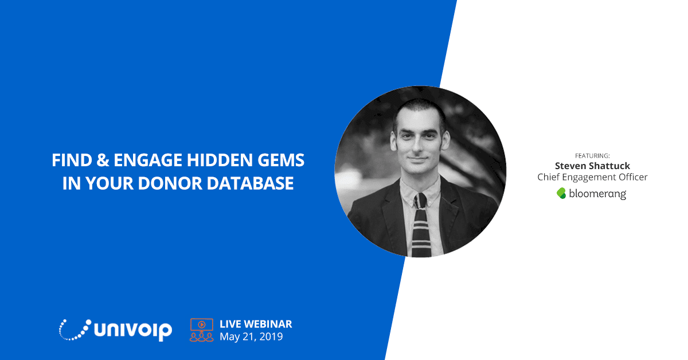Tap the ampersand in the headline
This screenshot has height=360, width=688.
[103, 160]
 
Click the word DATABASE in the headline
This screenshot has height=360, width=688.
[250, 183]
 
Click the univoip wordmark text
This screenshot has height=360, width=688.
[132, 331]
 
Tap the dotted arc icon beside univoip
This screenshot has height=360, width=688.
[75, 330]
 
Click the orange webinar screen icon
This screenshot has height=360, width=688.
[201, 330]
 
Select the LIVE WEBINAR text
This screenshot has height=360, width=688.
[256, 324]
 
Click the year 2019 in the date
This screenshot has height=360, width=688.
[271, 336]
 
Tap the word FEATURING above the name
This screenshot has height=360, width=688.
[592, 156]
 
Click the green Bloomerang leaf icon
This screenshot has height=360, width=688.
[561, 193]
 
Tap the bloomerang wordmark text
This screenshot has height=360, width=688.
[597, 194]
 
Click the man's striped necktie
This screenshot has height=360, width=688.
[421, 226]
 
